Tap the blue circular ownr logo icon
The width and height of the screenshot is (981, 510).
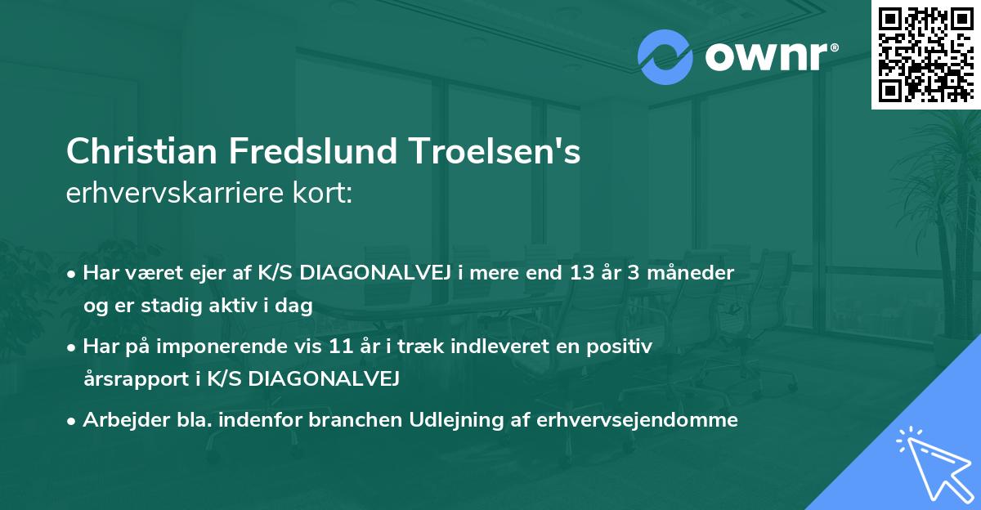click(665, 56)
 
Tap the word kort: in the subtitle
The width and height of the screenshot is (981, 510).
click(324, 195)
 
